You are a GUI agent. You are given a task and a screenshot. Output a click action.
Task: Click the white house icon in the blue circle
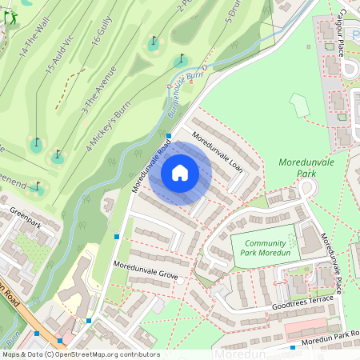180,173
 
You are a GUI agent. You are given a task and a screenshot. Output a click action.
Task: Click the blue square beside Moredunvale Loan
169,136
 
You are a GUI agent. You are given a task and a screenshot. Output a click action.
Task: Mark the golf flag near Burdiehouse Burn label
181,60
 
